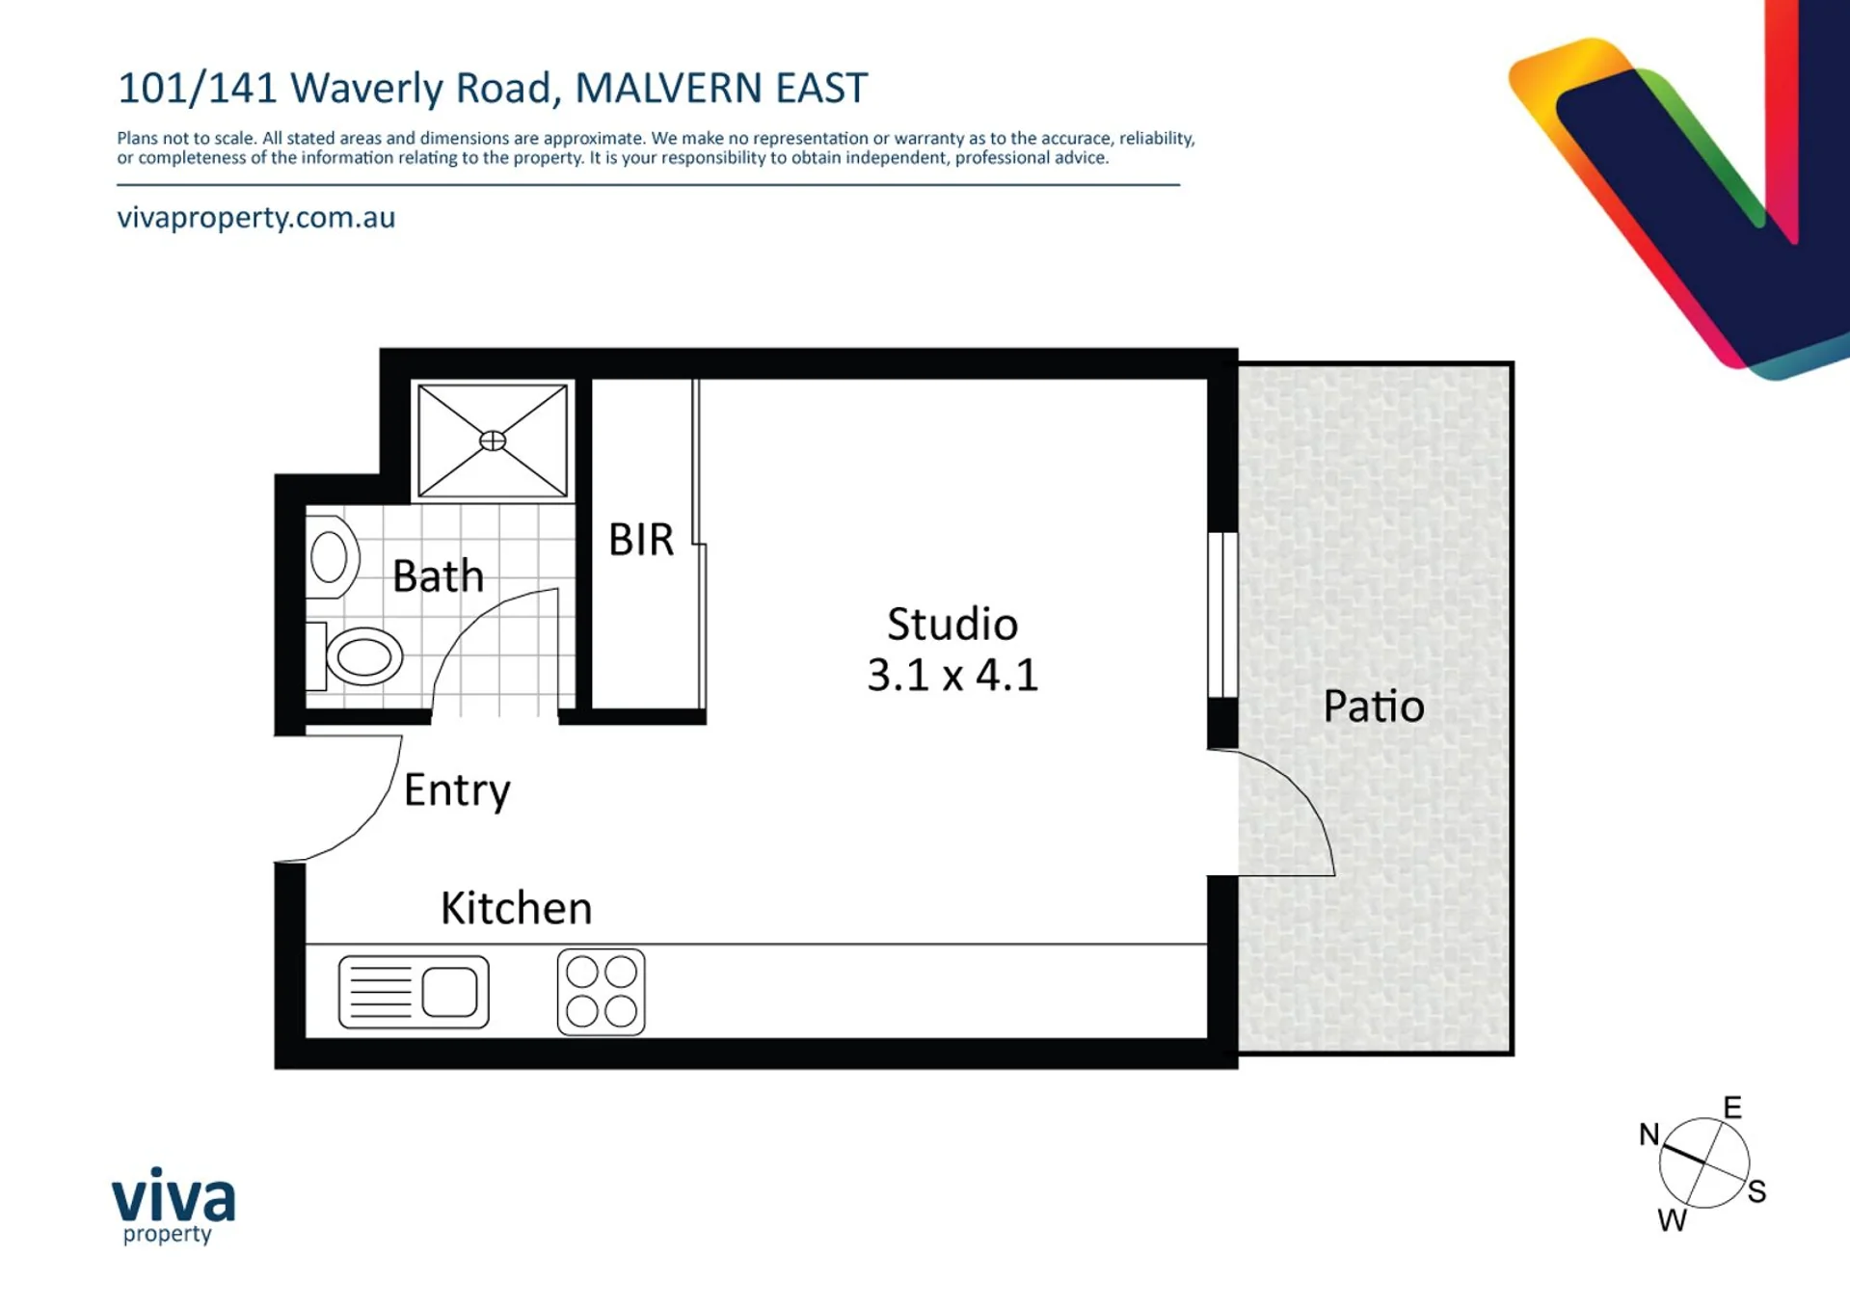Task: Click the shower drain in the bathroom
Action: (x=493, y=440)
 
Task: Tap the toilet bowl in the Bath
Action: (x=364, y=656)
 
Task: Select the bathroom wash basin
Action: (x=331, y=557)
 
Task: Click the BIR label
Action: (x=641, y=540)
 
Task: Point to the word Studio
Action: (x=952, y=625)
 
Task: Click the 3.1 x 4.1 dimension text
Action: (x=952, y=675)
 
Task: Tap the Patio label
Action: (x=1374, y=707)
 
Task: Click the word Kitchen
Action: (x=517, y=908)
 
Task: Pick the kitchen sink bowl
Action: (x=449, y=992)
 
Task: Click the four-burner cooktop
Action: (x=602, y=992)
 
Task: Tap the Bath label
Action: (x=438, y=576)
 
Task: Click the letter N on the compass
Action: (x=1649, y=1134)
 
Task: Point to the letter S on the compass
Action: (x=1756, y=1191)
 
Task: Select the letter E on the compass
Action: (x=1732, y=1108)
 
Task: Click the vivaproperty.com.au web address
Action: (x=256, y=218)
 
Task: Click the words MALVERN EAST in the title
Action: (x=721, y=88)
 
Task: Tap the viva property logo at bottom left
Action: (x=174, y=1205)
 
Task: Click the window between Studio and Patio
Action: (x=1222, y=614)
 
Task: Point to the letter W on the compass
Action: (x=1673, y=1220)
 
